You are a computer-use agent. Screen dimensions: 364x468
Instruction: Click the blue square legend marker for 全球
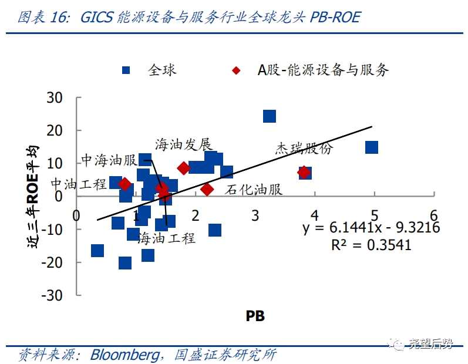126,70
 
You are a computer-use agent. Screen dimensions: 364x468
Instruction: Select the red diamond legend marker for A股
236,70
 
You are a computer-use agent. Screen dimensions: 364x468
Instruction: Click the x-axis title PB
255,316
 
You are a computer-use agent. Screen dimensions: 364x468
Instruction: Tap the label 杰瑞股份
304,148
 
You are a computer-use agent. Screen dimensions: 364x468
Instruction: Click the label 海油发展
183,144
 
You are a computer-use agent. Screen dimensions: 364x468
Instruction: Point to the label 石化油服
254,190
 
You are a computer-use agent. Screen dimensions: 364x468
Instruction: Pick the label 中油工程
79,184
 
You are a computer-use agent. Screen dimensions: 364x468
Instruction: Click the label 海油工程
166,238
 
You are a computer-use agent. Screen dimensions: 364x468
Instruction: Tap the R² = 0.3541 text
371,244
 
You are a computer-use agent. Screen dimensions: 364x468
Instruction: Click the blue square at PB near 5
371,147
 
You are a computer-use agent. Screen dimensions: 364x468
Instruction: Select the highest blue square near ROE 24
269,116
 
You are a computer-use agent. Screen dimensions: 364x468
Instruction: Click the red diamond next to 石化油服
207,189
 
